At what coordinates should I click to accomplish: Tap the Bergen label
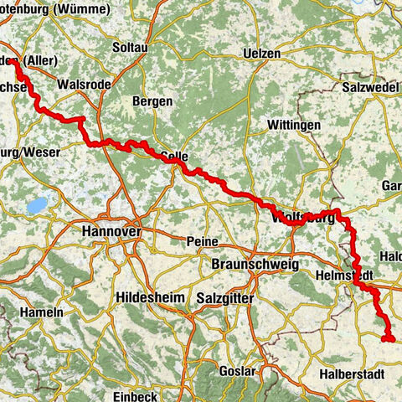click(x=152, y=101)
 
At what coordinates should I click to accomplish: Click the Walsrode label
click(x=81, y=85)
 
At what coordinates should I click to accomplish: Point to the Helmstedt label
click(x=343, y=275)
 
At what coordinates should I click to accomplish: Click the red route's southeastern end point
click(x=389, y=338)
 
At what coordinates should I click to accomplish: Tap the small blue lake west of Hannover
click(x=36, y=204)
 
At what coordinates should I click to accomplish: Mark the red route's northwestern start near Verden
click(x=14, y=61)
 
